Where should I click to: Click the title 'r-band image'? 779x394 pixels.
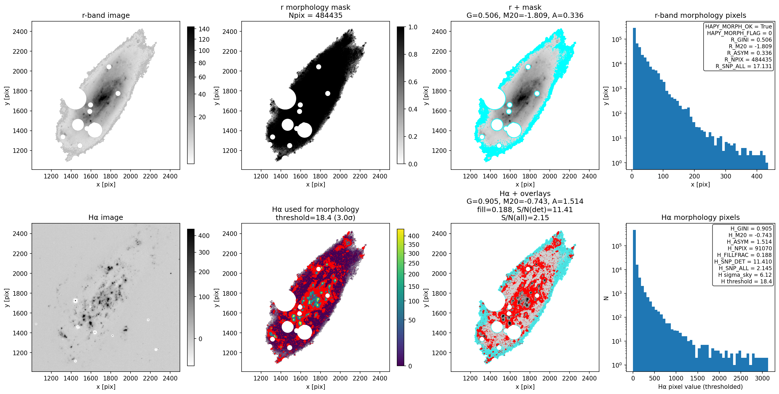106,15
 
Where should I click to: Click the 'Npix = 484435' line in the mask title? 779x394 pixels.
315,15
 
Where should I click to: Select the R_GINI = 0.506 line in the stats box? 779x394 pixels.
751,40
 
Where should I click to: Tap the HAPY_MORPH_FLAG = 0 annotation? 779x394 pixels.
739,33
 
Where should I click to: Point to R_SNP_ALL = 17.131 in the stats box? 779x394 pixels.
744,66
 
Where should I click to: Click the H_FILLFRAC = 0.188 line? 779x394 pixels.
744,255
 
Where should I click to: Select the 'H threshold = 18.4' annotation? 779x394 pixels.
746,281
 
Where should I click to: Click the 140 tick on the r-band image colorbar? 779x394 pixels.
204,29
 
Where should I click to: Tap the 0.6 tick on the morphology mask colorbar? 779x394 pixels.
413,82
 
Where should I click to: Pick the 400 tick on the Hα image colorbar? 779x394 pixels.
204,236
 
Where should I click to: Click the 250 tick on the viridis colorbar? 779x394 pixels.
414,263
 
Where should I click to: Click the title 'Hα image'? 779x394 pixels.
106,218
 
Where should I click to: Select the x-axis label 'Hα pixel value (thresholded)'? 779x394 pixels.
700,387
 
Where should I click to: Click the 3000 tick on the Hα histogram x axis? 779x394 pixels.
762,378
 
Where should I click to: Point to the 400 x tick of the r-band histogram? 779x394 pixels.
757,176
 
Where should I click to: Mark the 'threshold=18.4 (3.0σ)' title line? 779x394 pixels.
315,218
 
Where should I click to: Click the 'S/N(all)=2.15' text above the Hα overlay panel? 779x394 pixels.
525,218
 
